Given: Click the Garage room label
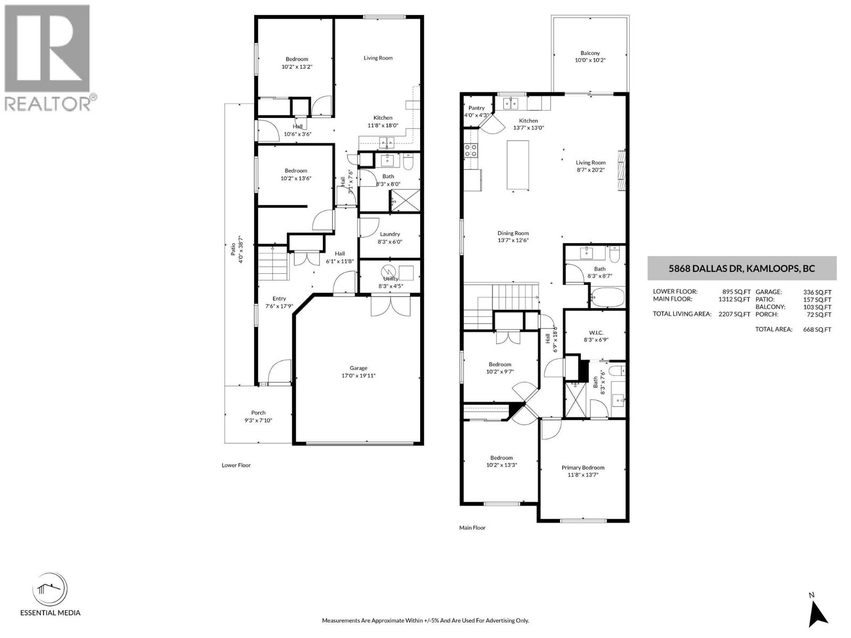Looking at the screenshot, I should pos(358,368).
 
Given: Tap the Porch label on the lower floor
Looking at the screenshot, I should pos(258,413).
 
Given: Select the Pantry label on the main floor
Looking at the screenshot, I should pos(476,108).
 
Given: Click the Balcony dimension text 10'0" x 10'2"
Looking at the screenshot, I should pos(590,61).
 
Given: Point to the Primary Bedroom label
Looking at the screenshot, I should pos(583,468).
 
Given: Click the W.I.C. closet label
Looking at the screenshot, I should pos(596,333).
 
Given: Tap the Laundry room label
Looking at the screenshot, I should pos(390,234).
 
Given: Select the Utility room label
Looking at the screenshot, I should pos(390,279).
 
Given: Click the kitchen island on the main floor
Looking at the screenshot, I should pos(518,165).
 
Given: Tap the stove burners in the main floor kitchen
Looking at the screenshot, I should pos(471,150).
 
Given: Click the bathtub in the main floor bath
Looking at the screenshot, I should pos(607,298).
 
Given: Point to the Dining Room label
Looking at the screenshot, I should pos(513,233).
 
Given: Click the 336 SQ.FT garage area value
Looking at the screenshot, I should pos(817,292).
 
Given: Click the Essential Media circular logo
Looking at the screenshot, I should pos(50,590).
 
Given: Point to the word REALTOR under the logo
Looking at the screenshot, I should pos(48,103).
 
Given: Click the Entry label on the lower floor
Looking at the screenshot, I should pos(279,299).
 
